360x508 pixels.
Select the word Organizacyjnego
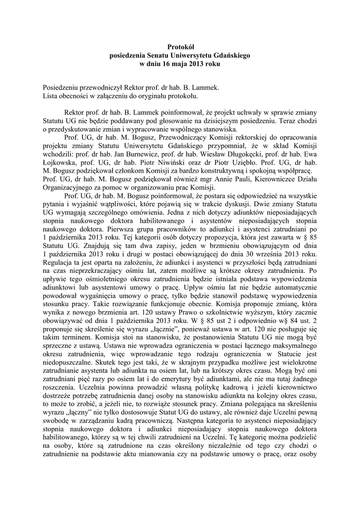70,188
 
